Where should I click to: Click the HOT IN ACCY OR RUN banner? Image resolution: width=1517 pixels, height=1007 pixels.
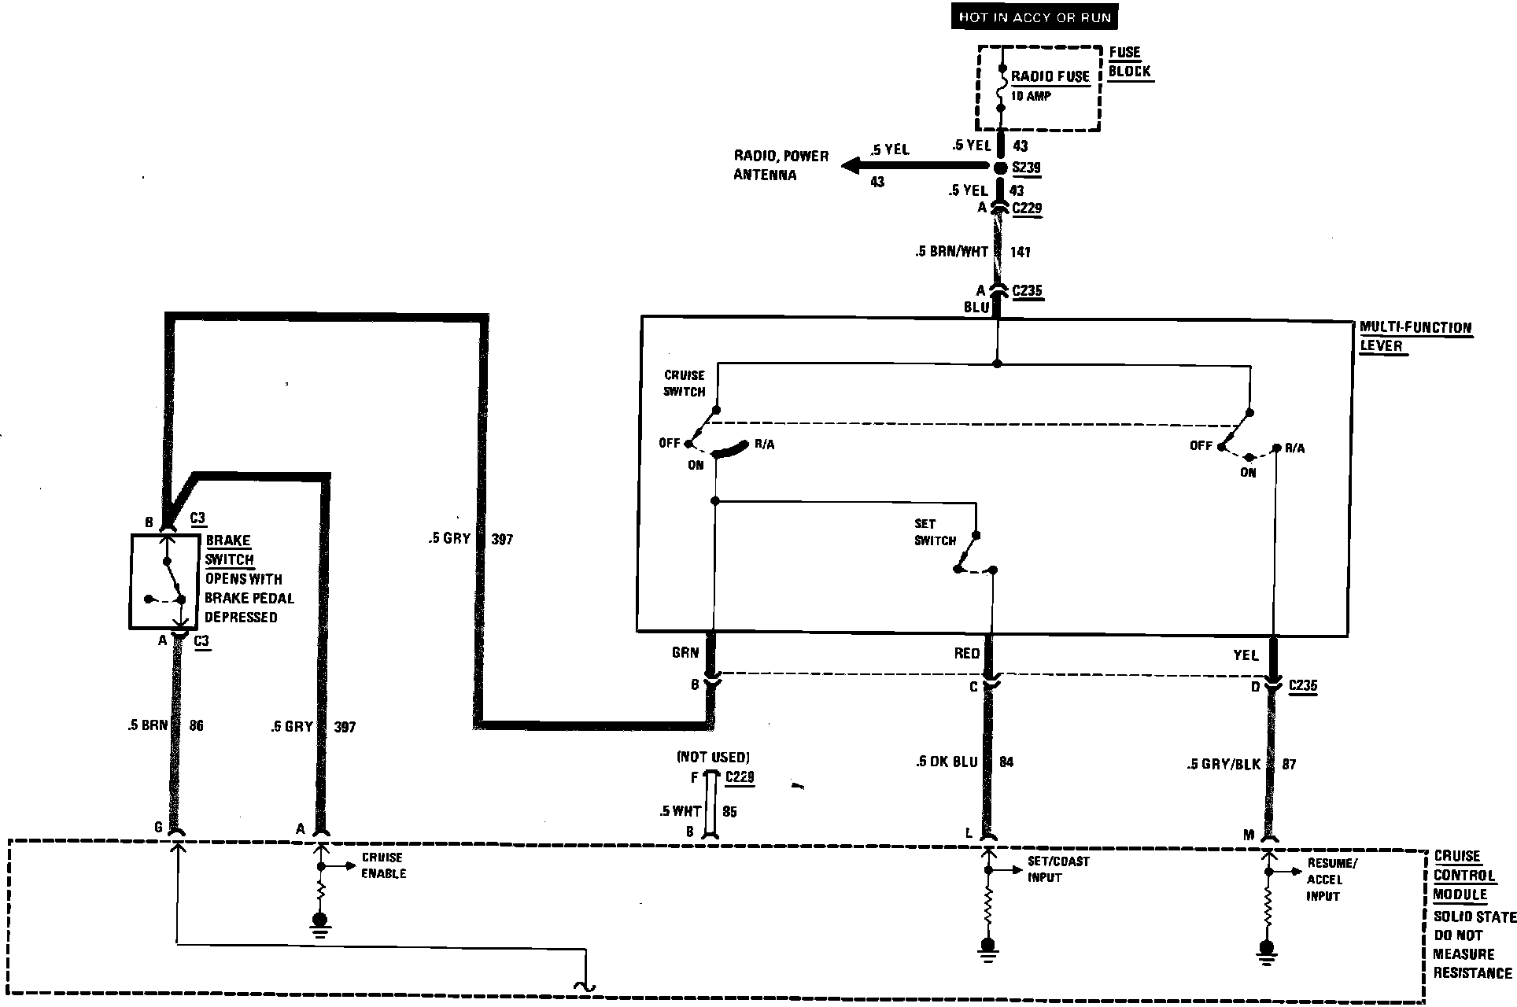[1034, 17]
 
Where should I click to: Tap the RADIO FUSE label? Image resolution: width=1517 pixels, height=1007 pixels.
[1050, 76]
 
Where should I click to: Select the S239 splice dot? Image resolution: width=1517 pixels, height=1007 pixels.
[1000, 168]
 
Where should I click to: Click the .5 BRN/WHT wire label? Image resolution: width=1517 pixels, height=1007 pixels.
[951, 252]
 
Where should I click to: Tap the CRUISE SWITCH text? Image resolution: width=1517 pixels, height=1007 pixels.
[684, 383]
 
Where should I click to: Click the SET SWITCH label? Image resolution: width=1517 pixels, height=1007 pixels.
[934, 532]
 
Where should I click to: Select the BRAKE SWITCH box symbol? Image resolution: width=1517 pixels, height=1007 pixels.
[164, 582]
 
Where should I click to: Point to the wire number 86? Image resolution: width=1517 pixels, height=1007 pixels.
[196, 725]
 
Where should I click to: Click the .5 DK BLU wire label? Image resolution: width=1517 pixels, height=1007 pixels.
[947, 762]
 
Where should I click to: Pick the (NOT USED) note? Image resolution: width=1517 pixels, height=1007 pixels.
[713, 758]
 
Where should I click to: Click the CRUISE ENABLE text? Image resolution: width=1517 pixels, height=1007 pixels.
[383, 865]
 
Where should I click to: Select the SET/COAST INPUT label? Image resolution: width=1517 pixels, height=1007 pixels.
[1057, 869]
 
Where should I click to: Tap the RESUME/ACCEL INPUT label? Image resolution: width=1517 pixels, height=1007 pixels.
[1331, 880]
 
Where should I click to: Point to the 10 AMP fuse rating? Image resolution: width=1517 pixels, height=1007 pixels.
[1031, 96]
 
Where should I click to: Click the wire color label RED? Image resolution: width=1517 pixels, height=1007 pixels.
[966, 654]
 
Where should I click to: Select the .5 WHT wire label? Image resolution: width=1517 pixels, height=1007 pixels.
[681, 811]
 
